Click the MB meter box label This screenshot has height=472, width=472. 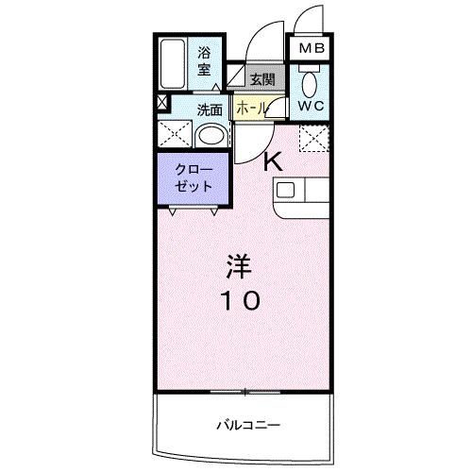(312, 48)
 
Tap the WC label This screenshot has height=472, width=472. (311, 106)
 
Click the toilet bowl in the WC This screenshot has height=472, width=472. (310, 84)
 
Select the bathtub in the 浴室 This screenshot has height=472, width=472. (173, 64)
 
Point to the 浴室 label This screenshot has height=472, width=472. (204, 61)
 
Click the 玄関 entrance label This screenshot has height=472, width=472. (262, 79)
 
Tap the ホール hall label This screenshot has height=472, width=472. (252, 109)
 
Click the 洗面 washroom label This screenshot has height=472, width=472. (210, 110)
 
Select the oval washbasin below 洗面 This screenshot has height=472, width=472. (211, 137)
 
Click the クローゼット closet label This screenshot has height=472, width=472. (194, 178)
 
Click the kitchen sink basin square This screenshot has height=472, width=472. (285, 190)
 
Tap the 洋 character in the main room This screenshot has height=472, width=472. (239, 266)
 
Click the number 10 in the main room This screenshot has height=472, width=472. (240, 300)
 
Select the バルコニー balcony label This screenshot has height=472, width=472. (248, 426)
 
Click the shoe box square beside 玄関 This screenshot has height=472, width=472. (236, 76)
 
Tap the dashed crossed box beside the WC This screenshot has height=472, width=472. (314, 138)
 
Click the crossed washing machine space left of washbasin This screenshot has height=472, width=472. (175, 134)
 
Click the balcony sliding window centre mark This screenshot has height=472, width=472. (244, 392)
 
